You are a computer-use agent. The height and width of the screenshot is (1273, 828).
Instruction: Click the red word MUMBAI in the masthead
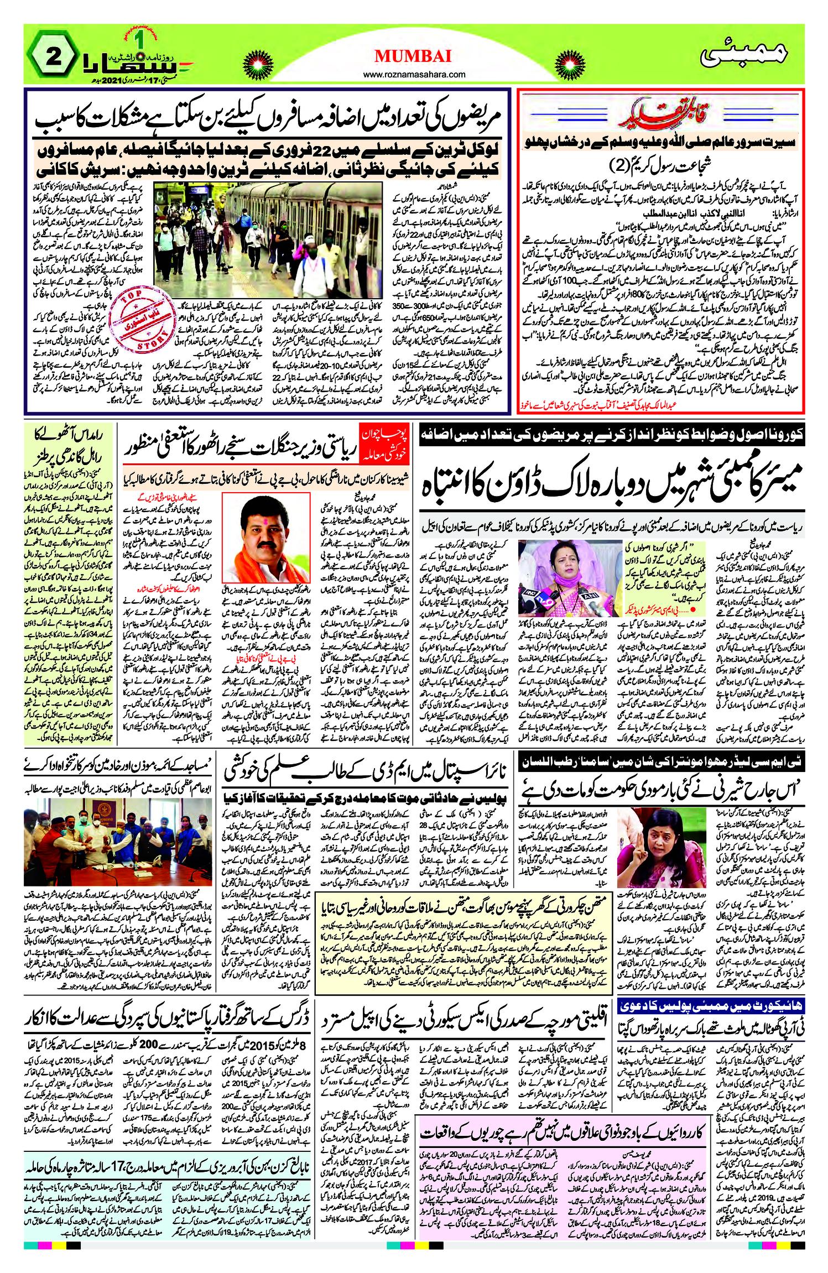(x=413, y=56)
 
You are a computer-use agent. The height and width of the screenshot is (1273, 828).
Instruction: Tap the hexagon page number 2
(x=53, y=56)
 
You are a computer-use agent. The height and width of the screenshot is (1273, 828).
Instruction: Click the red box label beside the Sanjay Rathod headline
(x=384, y=444)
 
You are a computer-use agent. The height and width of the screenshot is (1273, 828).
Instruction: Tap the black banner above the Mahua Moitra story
(x=661, y=763)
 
